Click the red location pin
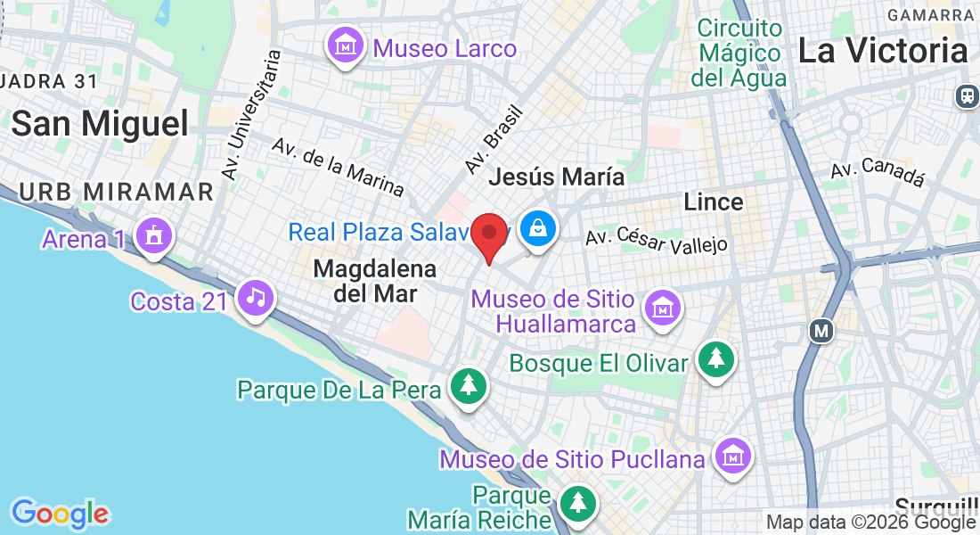(x=489, y=235)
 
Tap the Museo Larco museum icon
(x=345, y=45)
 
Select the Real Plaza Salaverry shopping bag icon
(x=538, y=228)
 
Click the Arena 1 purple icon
(x=155, y=237)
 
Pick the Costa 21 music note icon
(x=257, y=297)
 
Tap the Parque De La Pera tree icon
(x=469, y=386)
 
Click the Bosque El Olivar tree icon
(x=716, y=359)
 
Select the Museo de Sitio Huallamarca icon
(x=662, y=309)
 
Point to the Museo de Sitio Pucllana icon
(x=733, y=457)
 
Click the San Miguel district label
(x=100, y=124)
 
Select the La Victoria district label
(x=882, y=51)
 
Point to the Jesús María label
(x=557, y=177)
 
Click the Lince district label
(x=714, y=202)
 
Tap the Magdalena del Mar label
(x=375, y=280)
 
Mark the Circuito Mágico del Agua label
(x=739, y=53)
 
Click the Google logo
(x=61, y=514)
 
